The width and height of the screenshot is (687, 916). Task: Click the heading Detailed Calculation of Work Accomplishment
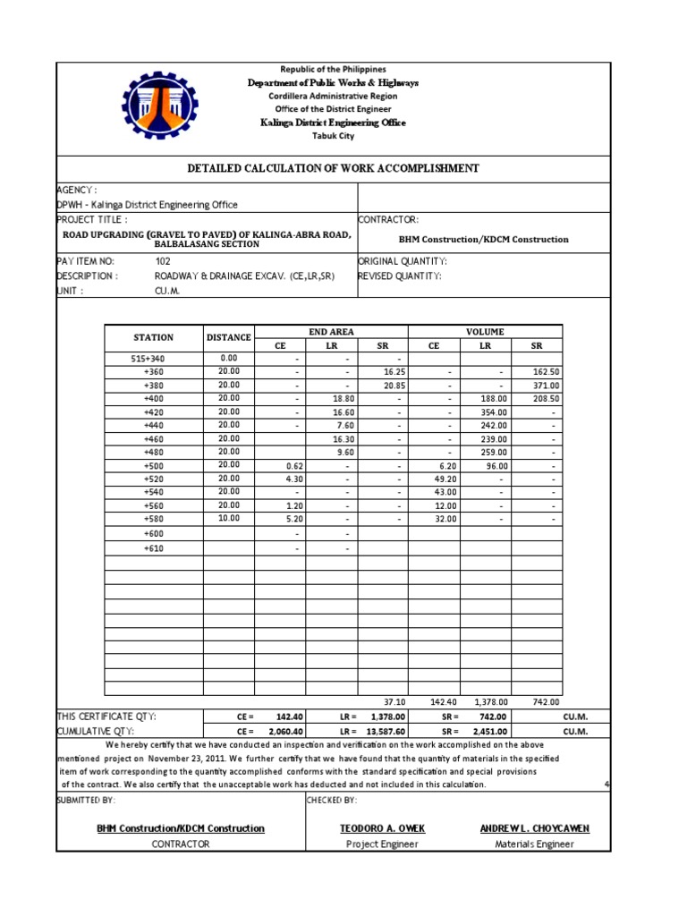[333, 168]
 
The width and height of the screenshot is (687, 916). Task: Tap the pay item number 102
[163, 261]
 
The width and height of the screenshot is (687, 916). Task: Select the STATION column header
[154, 337]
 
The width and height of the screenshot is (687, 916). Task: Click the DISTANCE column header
[229, 337]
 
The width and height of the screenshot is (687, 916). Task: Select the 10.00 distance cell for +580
[229, 518]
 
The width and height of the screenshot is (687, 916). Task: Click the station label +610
[154, 548]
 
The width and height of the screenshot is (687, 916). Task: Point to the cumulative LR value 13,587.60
[386, 731]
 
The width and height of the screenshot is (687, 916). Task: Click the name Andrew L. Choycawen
[534, 828]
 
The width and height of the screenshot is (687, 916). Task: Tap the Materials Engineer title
[534, 844]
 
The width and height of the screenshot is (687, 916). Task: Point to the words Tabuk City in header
[333, 136]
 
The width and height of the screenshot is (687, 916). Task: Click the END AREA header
[331, 331]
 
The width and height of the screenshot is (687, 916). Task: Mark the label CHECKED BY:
[332, 800]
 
